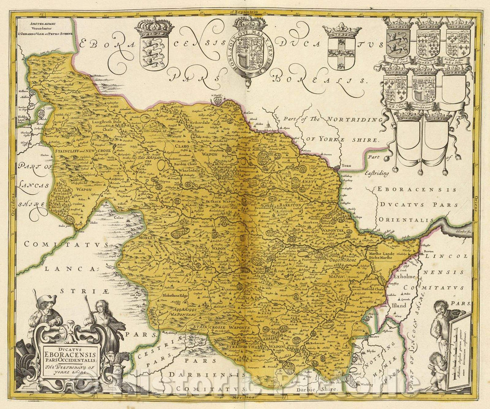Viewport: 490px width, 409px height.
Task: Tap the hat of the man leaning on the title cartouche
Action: pos(47,299)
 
